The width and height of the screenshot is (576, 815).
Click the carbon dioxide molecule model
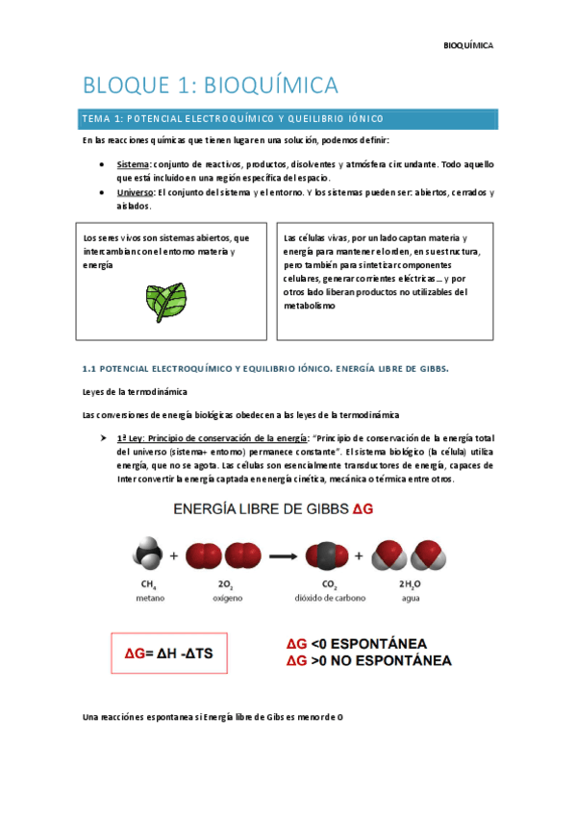(x=326, y=555)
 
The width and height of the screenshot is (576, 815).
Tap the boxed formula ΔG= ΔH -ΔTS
(x=168, y=654)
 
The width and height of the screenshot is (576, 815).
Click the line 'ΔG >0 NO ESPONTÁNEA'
(x=369, y=661)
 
